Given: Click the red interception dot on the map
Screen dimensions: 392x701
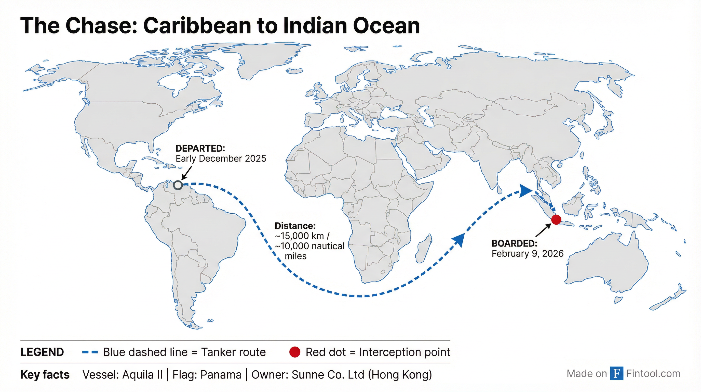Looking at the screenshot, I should (556, 219).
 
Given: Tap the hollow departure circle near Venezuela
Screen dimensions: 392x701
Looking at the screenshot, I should (178, 185).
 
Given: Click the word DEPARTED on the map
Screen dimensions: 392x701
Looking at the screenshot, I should (200, 149).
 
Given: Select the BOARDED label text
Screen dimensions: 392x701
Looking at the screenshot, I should (514, 243).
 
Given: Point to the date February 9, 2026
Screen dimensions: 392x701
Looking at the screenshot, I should (527, 254).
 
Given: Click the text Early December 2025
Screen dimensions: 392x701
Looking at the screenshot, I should (221, 159).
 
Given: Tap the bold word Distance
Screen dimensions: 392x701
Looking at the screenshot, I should (295, 226).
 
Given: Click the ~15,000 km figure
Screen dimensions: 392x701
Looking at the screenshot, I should (299, 236).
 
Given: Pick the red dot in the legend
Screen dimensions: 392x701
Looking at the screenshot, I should (294, 352).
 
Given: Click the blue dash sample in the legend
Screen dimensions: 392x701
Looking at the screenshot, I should (90, 352).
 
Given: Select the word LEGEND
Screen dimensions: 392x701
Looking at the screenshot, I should (42, 352).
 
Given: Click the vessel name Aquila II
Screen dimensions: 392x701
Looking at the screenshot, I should (142, 375).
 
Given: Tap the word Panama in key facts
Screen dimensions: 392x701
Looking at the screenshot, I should (221, 375).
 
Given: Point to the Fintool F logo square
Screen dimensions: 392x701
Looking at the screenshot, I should (616, 373).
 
